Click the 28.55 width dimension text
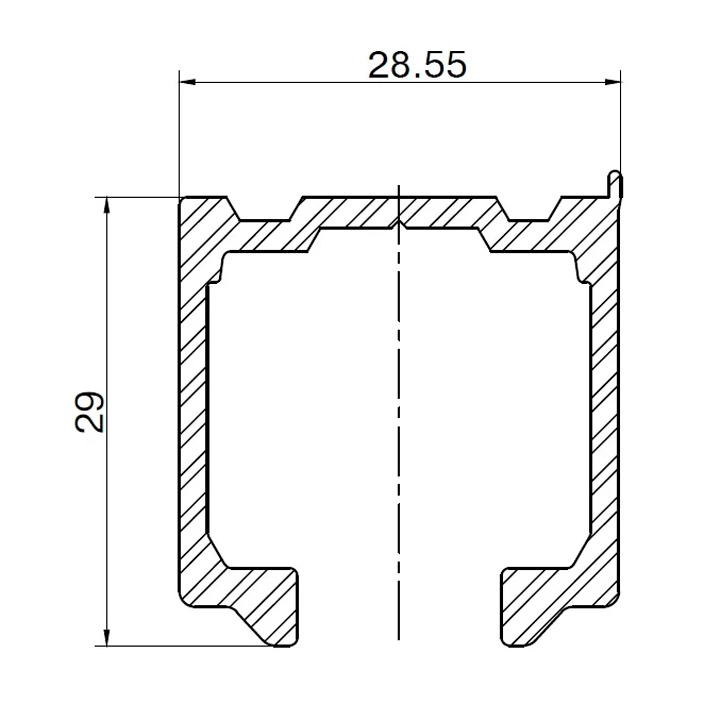point(417,65)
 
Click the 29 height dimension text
point(90,411)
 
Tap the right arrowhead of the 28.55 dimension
point(611,82)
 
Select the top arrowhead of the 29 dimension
point(107,206)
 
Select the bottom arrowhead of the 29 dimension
point(107,637)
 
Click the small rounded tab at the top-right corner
point(614,185)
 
